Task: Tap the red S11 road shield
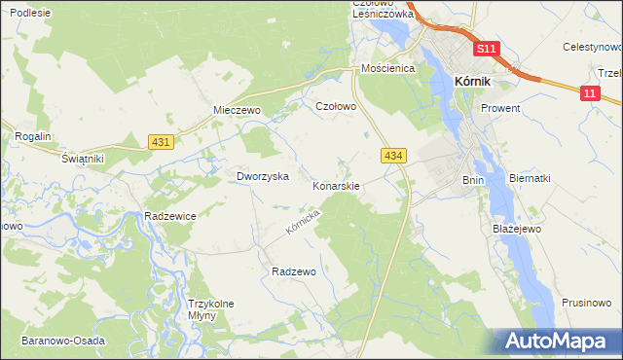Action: pos(488,49)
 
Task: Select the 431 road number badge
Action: pos(162,142)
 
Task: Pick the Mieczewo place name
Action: pos(238,111)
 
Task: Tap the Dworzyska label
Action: pos(263,176)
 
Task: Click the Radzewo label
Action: pos(294,271)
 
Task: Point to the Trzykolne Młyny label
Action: pos(211,309)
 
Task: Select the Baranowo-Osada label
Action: pos(60,342)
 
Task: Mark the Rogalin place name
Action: pos(32,137)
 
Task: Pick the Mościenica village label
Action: pos(387,69)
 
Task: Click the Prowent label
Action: pos(500,108)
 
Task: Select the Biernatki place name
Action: pos(531,178)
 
